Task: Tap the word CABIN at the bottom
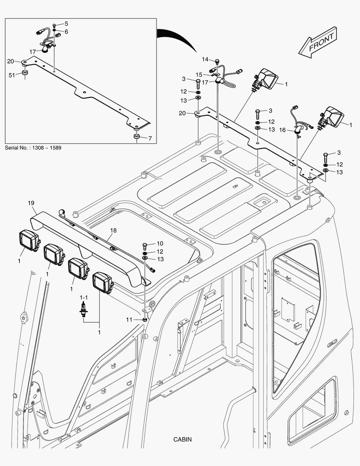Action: point(182,440)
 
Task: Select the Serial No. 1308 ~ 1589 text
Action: point(33,148)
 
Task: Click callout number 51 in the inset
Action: point(12,75)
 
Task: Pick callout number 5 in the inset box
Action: point(66,24)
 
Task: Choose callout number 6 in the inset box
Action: point(66,31)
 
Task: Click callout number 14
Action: point(205,59)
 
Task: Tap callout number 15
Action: point(199,75)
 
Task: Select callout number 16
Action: point(283,129)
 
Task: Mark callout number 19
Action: point(31,203)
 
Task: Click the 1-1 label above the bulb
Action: point(83,298)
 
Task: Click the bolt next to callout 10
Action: point(144,246)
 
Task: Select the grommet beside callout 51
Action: point(25,74)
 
